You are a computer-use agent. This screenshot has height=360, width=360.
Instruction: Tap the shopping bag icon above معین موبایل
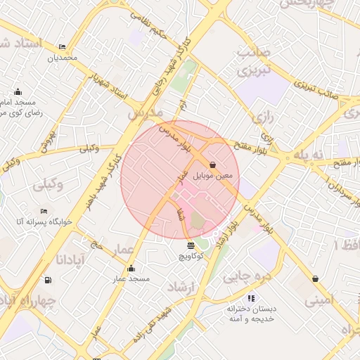click(213, 164)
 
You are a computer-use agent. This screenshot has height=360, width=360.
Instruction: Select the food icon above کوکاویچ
click(191, 245)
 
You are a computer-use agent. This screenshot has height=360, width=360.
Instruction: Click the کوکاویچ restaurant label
click(191, 257)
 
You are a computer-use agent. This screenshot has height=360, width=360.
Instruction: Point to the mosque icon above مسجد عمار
click(131, 268)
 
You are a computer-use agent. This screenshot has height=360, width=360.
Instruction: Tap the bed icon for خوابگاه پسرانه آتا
click(44, 210)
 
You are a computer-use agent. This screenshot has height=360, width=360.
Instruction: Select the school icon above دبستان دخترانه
click(251, 298)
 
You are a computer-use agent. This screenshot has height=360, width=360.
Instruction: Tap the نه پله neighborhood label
click(310, 154)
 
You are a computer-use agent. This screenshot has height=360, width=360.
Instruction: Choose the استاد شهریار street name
click(109, 85)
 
